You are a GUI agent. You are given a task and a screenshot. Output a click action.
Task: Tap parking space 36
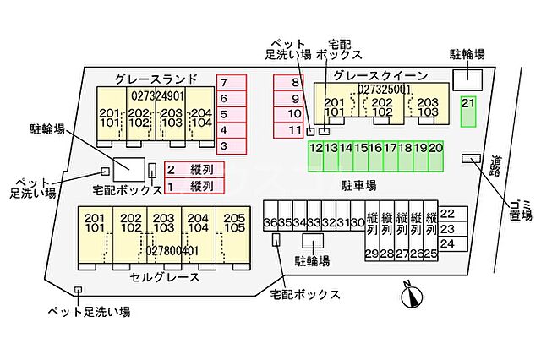click(270, 222)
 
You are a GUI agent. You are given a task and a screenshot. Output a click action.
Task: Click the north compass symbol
click(411, 295)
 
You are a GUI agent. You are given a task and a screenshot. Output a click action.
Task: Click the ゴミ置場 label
click(516, 210)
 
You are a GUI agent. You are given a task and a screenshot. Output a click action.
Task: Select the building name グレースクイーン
click(380, 75)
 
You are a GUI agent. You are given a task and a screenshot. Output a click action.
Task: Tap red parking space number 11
click(293, 130)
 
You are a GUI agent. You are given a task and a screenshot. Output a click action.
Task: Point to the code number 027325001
click(385, 89)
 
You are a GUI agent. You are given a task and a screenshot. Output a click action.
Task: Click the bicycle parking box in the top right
click(467, 79)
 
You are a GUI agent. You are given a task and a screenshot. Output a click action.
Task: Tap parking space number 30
click(358, 222)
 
